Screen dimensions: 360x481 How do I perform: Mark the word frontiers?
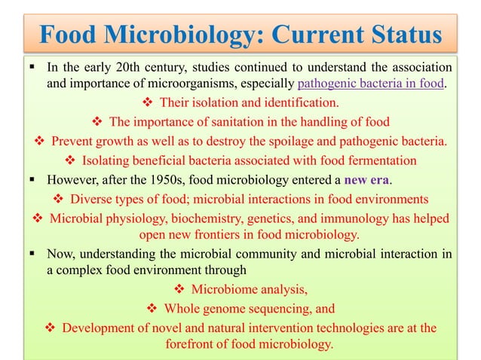coord(228,234)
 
